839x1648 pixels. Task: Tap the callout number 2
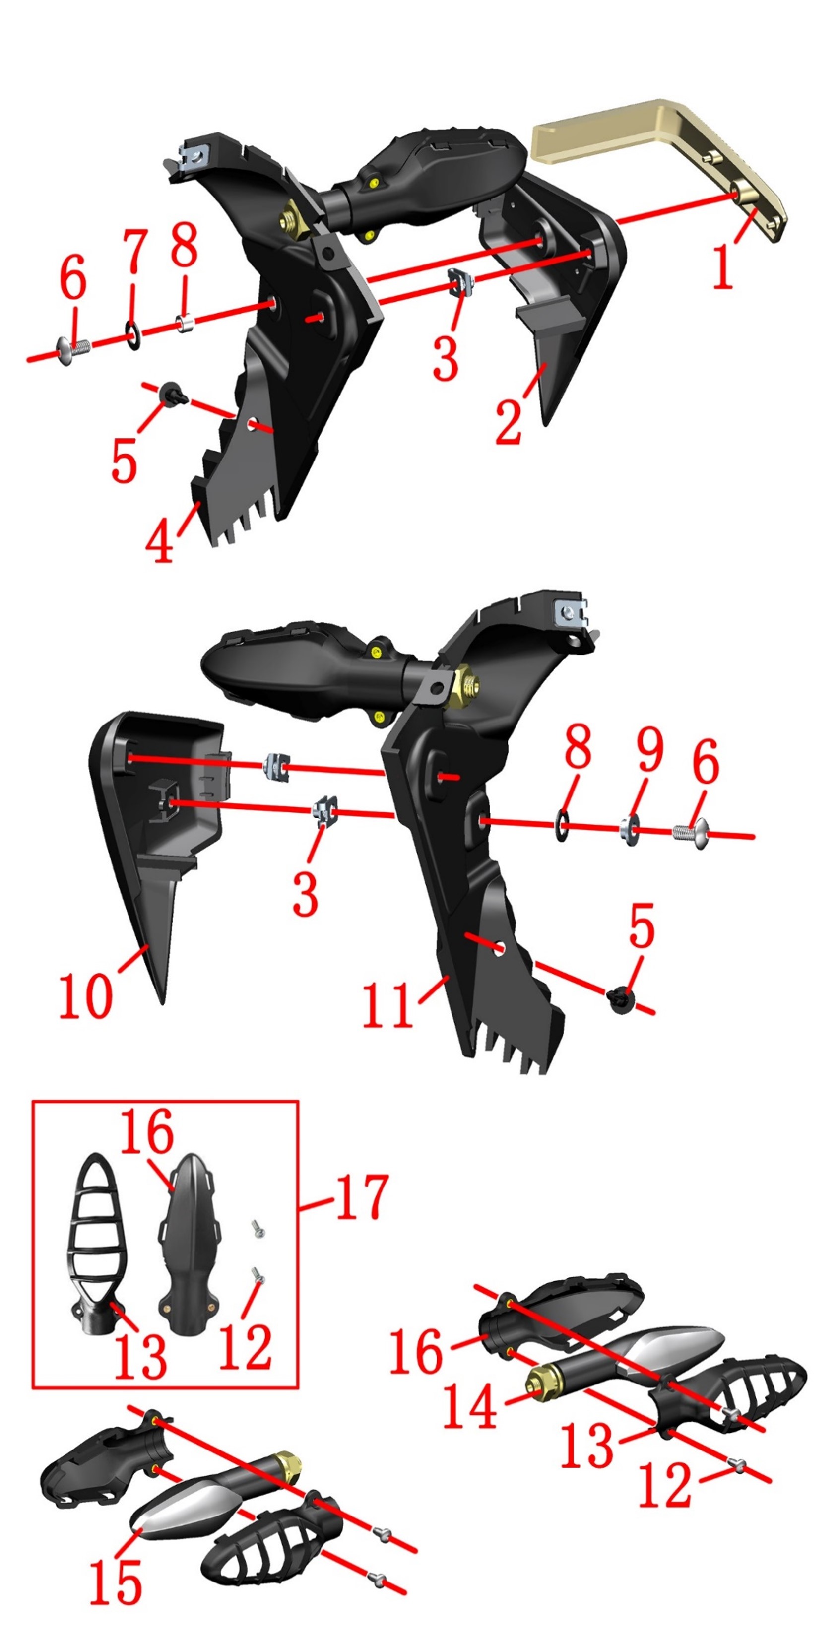[x=509, y=420]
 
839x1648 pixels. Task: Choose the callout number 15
[x=116, y=1582]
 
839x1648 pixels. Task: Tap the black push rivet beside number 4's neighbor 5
[x=173, y=394]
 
